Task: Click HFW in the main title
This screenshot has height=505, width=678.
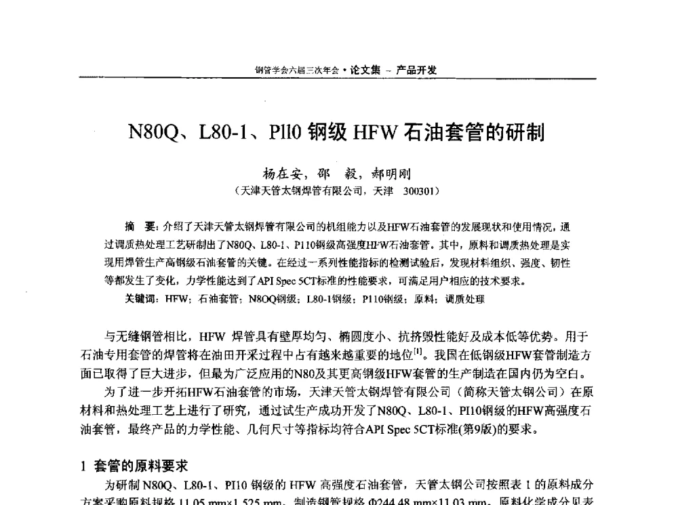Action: click(x=374, y=131)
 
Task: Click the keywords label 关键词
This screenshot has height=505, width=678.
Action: click(x=141, y=298)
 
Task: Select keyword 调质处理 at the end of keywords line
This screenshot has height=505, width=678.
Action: click(x=466, y=298)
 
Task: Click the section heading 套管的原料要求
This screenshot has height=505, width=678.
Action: click(x=140, y=466)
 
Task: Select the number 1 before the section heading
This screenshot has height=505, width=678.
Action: click(x=83, y=466)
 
